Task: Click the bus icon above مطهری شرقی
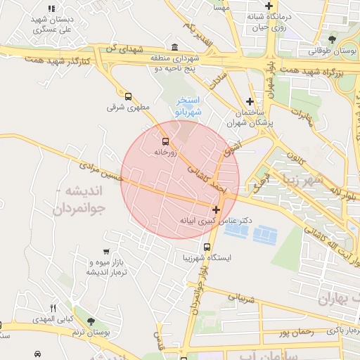coord(128,96)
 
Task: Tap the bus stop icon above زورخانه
coord(165,141)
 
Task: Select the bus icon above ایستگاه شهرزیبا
coord(207,247)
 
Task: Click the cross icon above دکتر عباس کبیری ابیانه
coord(216,210)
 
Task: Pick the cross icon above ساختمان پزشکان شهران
coord(250,101)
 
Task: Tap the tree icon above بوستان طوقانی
coord(332,39)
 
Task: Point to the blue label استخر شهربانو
coord(188,106)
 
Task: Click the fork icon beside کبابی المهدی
coord(53,308)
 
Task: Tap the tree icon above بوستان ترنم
coord(89,321)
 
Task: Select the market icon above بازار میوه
coord(104,251)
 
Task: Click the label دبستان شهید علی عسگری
coord(53,26)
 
